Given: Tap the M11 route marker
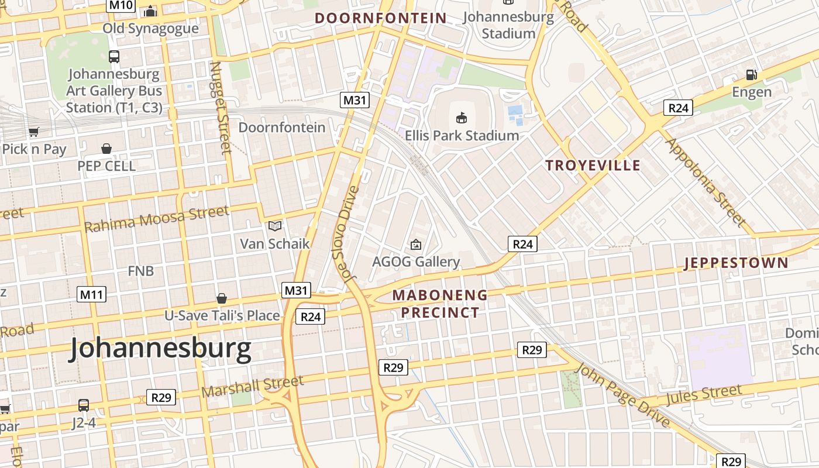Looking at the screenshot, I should pyautogui.click(x=91, y=294).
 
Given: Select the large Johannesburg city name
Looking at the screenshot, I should pyautogui.click(x=161, y=349).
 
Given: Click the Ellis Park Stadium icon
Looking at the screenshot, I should pyautogui.click(x=462, y=118).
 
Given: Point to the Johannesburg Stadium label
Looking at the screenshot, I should pyautogui.click(x=508, y=25).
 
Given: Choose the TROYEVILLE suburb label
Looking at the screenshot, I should pyautogui.click(x=593, y=166).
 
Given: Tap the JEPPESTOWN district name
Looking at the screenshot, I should pyautogui.click(x=736, y=263).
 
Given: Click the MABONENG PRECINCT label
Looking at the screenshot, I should pyautogui.click(x=440, y=304).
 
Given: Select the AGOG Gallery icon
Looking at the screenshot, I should pyautogui.click(x=416, y=245).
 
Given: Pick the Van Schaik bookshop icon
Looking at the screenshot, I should pyautogui.click(x=274, y=226).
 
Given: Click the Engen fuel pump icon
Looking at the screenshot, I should pyautogui.click(x=751, y=75).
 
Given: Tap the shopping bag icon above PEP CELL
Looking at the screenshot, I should pyautogui.click(x=106, y=149).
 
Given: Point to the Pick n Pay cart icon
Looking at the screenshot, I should pyautogui.click(x=34, y=132).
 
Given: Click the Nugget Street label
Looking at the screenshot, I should pyautogui.click(x=220, y=108).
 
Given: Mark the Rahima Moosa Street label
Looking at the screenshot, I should pyautogui.click(x=157, y=219).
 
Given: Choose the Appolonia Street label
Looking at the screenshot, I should pyautogui.click(x=706, y=183).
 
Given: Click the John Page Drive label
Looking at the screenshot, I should pyautogui.click(x=622, y=394).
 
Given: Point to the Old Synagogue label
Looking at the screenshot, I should pyautogui.click(x=150, y=28).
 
